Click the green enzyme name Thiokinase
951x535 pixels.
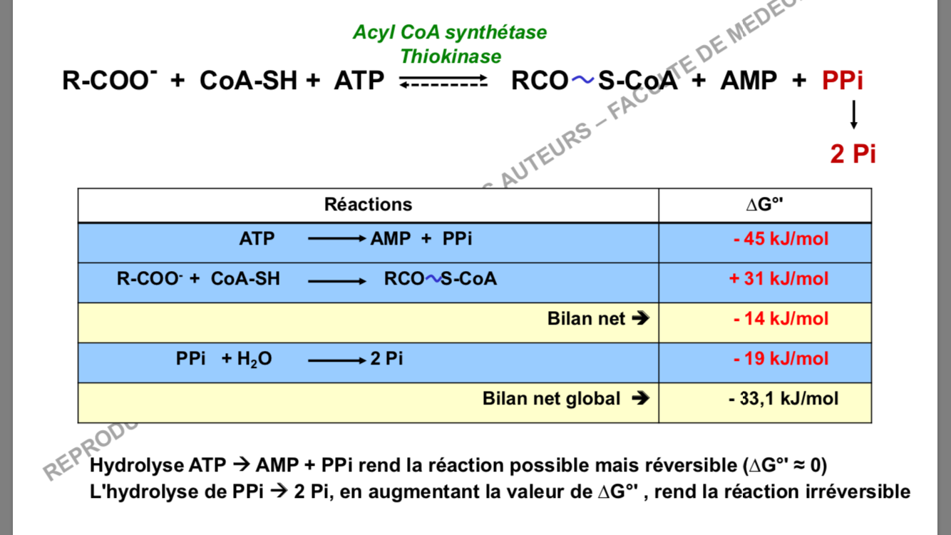click(x=450, y=56)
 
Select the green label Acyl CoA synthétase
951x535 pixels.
click(x=450, y=32)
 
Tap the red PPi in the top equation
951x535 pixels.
click(x=843, y=81)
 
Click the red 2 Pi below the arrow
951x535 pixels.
click(x=853, y=153)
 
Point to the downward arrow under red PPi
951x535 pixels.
click(x=853, y=115)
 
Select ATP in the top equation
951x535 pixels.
click(x=359, y=81)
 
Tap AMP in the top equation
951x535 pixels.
click(x=749, y=81)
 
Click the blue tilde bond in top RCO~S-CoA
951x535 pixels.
click(x=582, y=81)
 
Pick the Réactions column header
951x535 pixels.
click(x=368, y=205)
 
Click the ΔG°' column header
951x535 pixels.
click(x=765, y=205)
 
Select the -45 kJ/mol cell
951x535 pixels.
click(x=781, y=238)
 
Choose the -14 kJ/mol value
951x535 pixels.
click(x=781, y=318)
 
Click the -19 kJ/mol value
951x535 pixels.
click(x=781, y=358)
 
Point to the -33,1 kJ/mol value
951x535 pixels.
click(x=783, y=398)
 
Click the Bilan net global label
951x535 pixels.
click(x=552, y=398)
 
